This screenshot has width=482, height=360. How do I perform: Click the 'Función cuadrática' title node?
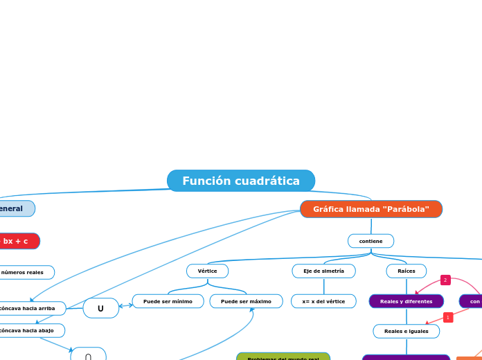click(241, 181)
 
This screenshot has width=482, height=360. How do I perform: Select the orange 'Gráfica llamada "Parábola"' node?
click(371, 209)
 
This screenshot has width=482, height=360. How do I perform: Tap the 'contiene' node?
click(371, 241)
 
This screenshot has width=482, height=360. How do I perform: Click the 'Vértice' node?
click(207, 271)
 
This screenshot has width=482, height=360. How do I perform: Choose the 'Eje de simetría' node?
click(323, 271)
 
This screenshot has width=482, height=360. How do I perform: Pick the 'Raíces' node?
click(407, 271)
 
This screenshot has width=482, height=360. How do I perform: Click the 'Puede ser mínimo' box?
click(168, 301)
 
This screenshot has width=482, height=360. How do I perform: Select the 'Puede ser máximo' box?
click(246, 301)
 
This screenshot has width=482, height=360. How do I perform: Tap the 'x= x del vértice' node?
click(323, 301)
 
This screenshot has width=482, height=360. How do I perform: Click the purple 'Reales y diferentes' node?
click(406, 301)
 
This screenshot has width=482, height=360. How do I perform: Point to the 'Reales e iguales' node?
click(406, 331)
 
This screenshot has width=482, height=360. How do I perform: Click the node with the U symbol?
click(100, 308)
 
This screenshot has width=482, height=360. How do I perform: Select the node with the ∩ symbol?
click(88, 355)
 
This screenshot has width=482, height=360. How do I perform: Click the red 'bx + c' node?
click(17, 241)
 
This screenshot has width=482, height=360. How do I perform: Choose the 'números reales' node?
click(24, 272)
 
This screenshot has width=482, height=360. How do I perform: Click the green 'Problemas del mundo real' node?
click(283, 357)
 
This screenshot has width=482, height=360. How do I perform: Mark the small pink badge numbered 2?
click(445, 280)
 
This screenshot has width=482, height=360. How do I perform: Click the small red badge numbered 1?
click(447, 317)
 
